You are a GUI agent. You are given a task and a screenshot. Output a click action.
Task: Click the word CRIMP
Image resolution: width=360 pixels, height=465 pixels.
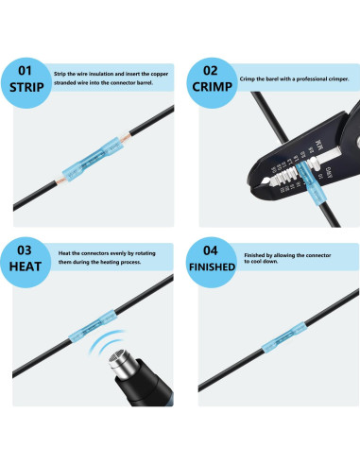pyautogui.click(x=210, y=88)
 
